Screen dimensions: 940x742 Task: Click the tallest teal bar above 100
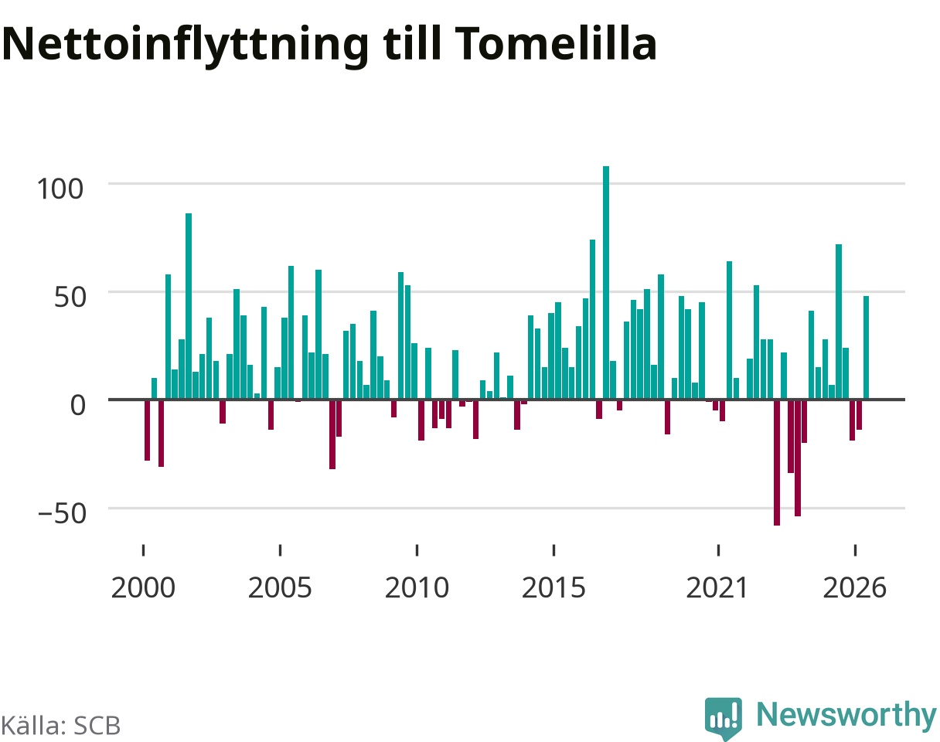pyautogui.click(x=606, y=283)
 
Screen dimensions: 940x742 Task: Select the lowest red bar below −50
pyautogui.click(x=777, y=462)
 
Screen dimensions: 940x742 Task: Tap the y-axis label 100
pyautogui.click(x=60, y=189)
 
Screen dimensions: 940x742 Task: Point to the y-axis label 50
pyautogui.click(x=70, y=298)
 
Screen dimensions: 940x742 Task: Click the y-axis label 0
pyautogui.click(x=78, y=405)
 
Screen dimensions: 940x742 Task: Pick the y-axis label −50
pyautogui.click(x=62, y=513)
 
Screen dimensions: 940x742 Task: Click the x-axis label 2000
pyautogui.click(x=143, y=588)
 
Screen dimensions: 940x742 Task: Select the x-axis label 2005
pyautogui.click(x=280, y=588)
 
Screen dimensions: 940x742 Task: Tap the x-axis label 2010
pyautogui.click(x=417, y=588)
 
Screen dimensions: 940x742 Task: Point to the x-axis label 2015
pyautogui.click(x=553, y=588)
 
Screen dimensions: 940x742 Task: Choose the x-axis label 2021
pyautogui.click(x=717, y=588)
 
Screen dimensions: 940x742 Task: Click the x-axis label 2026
pyautogui.click(x=855, y=588)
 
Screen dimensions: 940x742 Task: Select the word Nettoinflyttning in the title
pyautogui.click(x=186, y=46)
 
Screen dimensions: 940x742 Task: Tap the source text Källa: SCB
pyautogui.click(x=60, y=726)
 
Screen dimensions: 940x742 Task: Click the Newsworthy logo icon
pyautogui.click(x=724, y=717)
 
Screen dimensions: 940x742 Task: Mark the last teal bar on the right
pyautogui.click(x=867, y=348)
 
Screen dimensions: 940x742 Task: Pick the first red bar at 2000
pyautogui.click(x=147, y=431)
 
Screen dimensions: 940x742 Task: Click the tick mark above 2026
pyautogui.click(x=855, y=550)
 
